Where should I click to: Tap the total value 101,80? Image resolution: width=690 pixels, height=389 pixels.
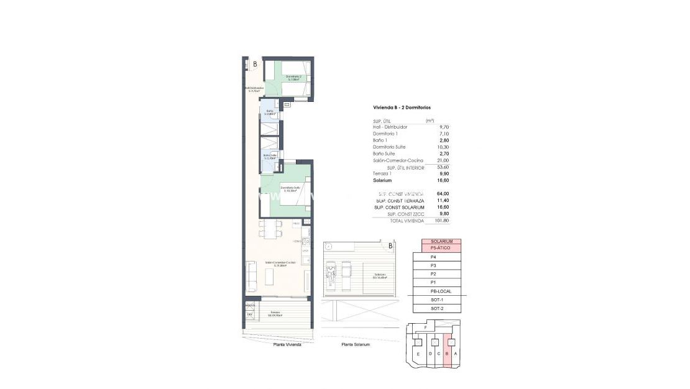coord(442,221)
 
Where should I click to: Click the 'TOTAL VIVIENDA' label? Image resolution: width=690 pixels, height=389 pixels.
coord(407,221)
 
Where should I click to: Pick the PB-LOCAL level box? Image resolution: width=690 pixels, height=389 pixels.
coord(437,291)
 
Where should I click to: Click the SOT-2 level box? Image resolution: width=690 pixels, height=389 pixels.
coord(437,308)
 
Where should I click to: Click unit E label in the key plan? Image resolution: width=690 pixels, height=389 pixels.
coord(418,354)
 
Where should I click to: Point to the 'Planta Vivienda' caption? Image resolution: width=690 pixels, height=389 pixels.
coord(287,344)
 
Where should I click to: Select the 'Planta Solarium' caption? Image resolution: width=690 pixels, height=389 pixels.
coord(356,344)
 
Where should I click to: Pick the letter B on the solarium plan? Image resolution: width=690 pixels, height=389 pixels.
coord(390,246)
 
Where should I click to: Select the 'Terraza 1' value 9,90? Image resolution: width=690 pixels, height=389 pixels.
coord(443,174)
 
